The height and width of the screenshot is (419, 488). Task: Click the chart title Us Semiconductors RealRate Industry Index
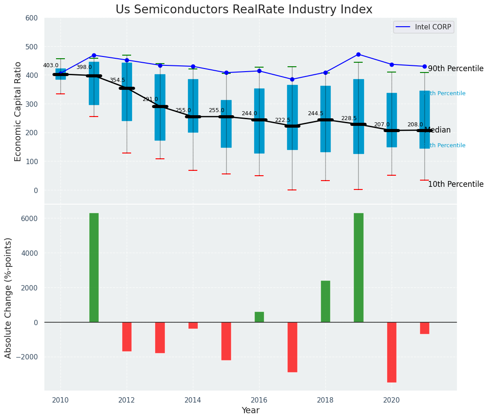244,10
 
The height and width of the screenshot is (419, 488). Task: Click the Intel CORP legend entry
424,27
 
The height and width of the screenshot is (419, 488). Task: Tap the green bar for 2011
94,267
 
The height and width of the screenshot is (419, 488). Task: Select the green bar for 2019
358,267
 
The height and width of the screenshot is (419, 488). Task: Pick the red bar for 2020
392,352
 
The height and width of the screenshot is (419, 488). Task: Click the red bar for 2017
292,347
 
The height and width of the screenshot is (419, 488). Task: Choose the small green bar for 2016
259,317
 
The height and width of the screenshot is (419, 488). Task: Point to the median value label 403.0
51,65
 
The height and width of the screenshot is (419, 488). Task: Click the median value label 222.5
283,121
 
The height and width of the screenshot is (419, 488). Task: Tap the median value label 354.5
117,80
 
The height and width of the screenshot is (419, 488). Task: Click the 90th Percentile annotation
455,68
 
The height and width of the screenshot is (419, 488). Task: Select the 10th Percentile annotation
455,184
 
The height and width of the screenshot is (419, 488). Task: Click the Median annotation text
437,130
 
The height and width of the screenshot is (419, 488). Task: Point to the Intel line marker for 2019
358,54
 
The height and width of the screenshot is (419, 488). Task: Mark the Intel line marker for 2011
94,55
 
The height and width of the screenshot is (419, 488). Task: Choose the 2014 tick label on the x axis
193,400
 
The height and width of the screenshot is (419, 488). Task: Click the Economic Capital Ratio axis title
18,111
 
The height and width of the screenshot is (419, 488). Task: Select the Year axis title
250,411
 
